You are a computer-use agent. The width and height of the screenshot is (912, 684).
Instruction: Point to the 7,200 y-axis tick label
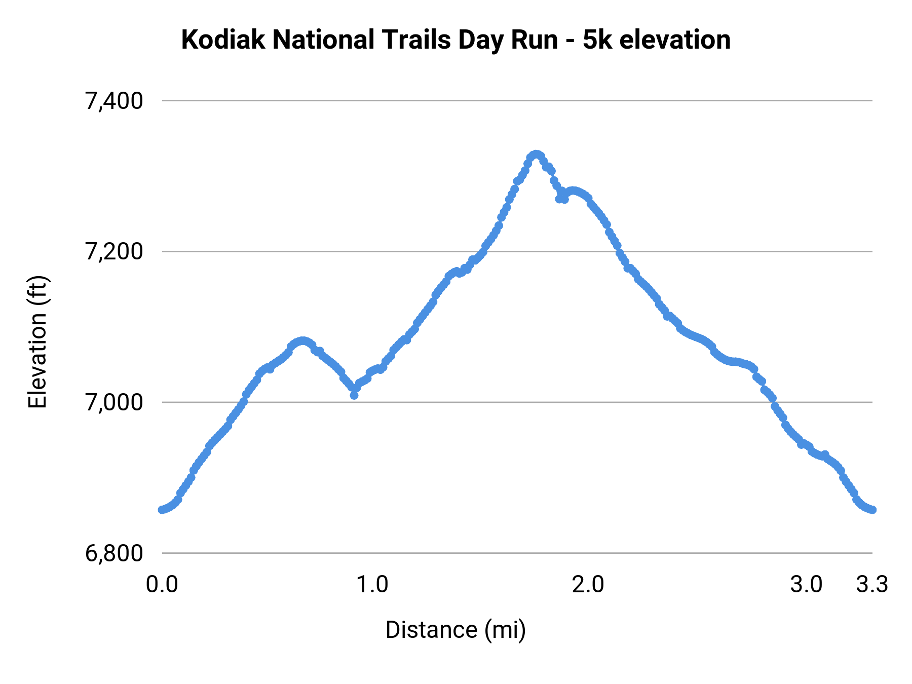(x=114, y=252)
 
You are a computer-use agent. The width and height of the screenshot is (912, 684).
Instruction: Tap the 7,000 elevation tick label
(x=114, y=403)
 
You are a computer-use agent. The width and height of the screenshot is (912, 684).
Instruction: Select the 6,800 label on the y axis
(x=114, y=553)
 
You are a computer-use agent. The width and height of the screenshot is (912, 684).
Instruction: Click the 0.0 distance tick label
(x=162, y=585)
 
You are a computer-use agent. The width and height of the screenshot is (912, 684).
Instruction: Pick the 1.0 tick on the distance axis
(x=372, y=585)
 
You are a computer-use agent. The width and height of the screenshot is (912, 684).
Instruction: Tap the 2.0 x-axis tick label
(x=588, y=585)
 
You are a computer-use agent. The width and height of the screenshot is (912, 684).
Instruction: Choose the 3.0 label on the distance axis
(x=806, y=585)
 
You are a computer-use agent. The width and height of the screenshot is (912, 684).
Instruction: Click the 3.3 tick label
(x=872, y=585)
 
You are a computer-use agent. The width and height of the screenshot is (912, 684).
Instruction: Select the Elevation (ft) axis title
(x=37, y=342)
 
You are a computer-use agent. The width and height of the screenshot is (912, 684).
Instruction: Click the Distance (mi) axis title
(x=455, y=630)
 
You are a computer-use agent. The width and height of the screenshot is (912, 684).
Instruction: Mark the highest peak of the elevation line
(x=536, y=154)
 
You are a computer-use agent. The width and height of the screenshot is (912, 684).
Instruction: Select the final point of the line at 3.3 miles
(x=872, y=509)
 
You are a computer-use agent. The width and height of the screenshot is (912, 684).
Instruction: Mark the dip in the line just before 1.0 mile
(x=354, y=394)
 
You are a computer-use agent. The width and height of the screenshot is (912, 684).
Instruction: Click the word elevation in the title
(x=675, y=40)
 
